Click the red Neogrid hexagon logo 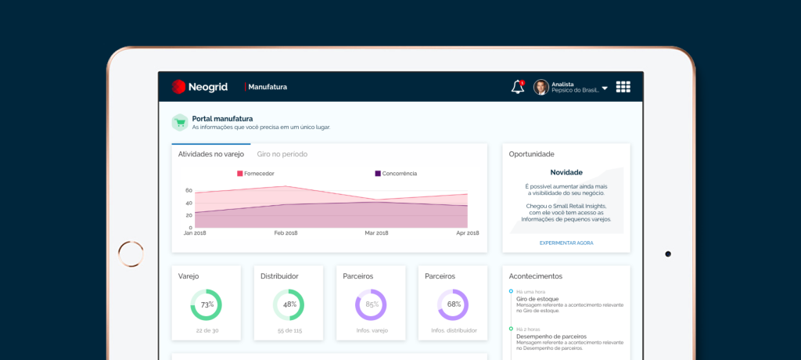(x=178, y=87)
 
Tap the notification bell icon (x=518, y=87)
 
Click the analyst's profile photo (x=541, y=87)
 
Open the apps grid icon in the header (x=623, y=87)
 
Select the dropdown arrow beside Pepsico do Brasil (x=605, y=88)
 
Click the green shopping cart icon (x=180, y=122)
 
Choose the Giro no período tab (x=282, y=154)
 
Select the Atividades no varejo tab (x=211, y=154)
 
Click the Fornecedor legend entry (x=256, y=174)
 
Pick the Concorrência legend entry (x=396, y=174)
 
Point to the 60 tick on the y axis (x=189, y=191)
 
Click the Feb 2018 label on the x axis (x=286, y=233)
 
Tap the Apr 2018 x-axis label (x=468, y=233)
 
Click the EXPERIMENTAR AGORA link (x=566, y=243)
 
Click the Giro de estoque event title (x=537, y=299)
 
